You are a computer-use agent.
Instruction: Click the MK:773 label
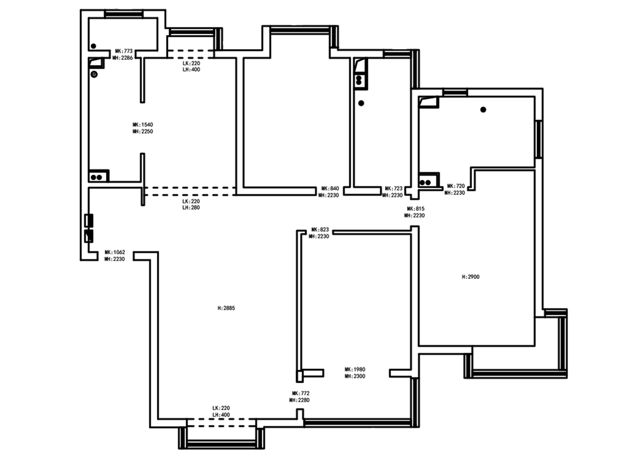pyautogui.click(x=124, y=52)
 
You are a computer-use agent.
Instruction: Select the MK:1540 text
pyautogui.click(x=143, y=125)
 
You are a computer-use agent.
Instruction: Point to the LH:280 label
pyautogui.click(x=191, y=207)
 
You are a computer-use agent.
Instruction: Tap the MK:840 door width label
pyautogui.click(x=330, y=189)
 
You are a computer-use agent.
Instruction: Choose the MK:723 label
pyautogui.click(x=394, y=189)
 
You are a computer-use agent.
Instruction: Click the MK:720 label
pyautogui.click(x=456, y=186)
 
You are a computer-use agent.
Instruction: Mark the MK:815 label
pyautogui.click(x=416, y=209)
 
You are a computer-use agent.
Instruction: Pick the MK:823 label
pyautogui.click(x=320, y=230)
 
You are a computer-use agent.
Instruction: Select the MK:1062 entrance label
pyautogui.click(x=115, y=252)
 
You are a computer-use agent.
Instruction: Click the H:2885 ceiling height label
pyautogui.click(x=226, y=308)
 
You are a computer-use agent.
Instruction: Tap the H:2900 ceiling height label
pyautogui.click(x=471, y=277)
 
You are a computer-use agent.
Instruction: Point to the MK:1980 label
pyautogui.click(x=355, y=369)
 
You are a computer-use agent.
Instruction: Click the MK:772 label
pyautogui.click(x=301, y=393)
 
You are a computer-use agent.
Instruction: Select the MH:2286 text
pyautogui.click(x=122, y=58)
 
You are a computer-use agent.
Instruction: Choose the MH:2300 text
pyautogui.click(x=355, y=376)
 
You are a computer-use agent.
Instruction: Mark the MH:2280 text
pyautogui.click(x=300, y=400)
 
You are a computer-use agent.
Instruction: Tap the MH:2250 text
pyautogui.click(x=143, y=132)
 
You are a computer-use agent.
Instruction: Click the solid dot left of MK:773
pyautogui.click(x=93, y=46)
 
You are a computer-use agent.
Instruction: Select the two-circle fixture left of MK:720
pyautogui.click(x=425, y=182)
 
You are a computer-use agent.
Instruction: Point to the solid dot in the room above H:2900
pyautogui.click(x=483, y=110)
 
